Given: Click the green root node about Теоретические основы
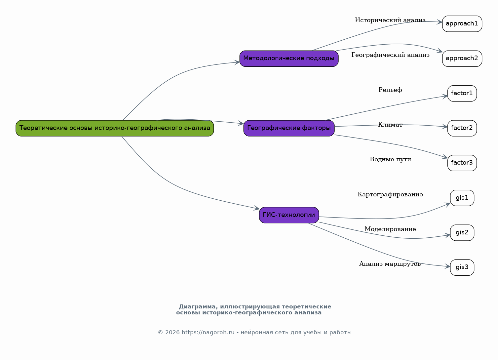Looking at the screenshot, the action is click(x=115, y=128).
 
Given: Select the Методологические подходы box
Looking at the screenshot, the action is click(x=289, y=59).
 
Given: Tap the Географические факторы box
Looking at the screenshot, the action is click(x=289, y=128).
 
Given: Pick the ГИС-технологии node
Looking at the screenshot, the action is click(x=289, y=215).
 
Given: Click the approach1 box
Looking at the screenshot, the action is click(x=462, y=24).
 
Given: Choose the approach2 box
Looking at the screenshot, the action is click(x=462, y=59).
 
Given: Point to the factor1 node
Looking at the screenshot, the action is click(x=462, y=94).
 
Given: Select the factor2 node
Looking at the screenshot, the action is click(x=462, y=128).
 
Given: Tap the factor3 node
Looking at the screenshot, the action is click(x=462, y=163).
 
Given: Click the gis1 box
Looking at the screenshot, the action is click(x=462, y=198).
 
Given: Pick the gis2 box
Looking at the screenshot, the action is click(x=462, y=233).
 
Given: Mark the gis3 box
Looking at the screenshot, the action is click(x=462, y=267).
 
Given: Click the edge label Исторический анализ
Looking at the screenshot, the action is click(x=390, y=20).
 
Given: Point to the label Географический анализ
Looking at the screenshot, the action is click(x=390, y=55).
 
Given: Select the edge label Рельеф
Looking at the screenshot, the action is click(x=390, y=90).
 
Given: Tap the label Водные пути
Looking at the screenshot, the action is click(x=390, y=159).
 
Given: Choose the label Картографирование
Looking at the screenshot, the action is click(x=390, y=195).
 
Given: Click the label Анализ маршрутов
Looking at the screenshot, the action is click(x=390, y=264).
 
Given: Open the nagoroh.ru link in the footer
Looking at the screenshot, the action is click(x=208, y=333).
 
